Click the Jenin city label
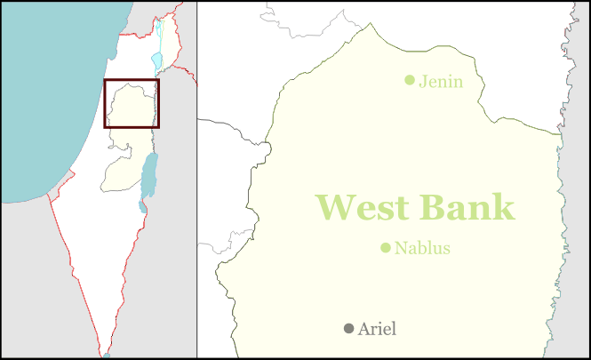click(441, 82)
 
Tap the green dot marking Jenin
click(410, 80)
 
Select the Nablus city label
click(422, 248)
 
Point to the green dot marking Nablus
click(386, 248)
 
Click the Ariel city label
click(377, 329)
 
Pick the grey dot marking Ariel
click(349, 329)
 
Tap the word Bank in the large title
click(467, 207)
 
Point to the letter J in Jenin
click(422, 82)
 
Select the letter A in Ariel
click(364, 329)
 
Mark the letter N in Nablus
click(401, 248)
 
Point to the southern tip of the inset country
click(106, 353)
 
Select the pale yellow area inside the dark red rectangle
click(132, 104)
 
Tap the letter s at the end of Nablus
click(445, 249)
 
